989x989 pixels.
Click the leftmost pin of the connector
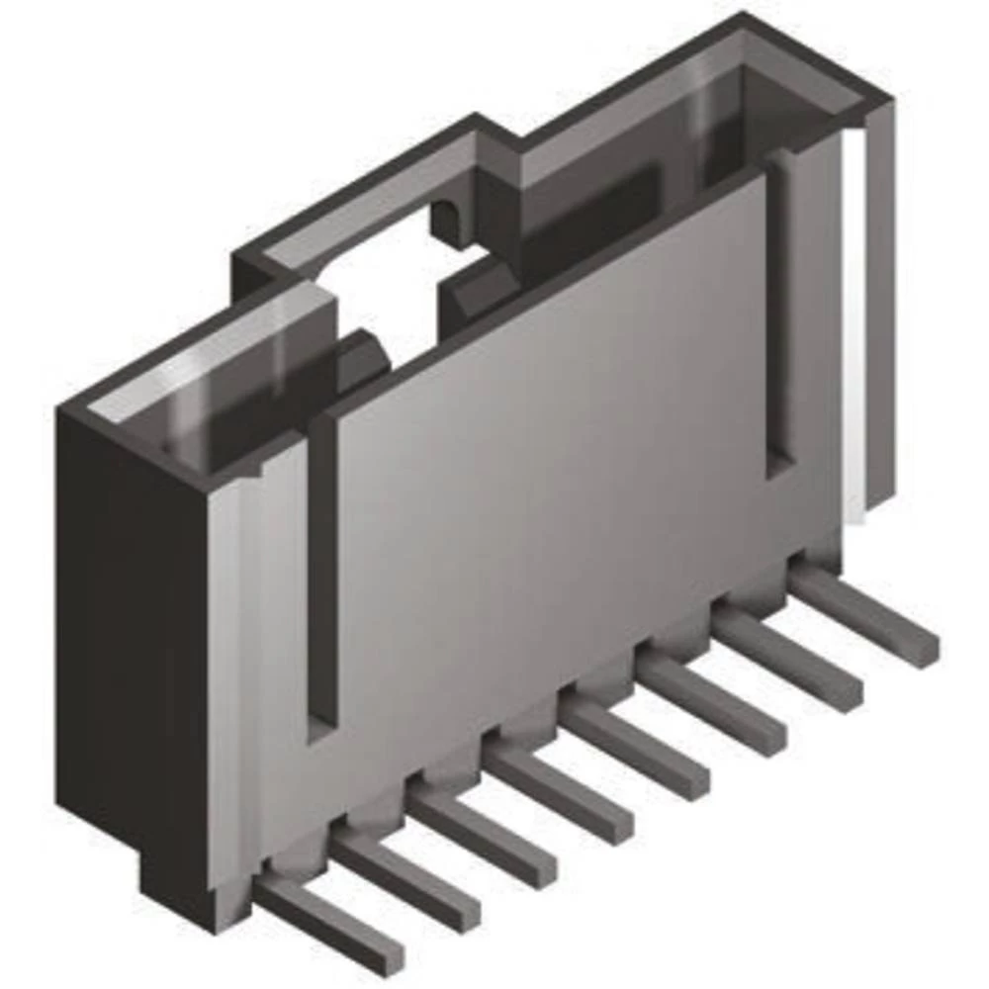coord(331,925)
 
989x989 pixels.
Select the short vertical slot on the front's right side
coord(779,316)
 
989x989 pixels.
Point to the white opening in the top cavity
coord(396,287)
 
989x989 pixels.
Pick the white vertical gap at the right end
coord(854,326)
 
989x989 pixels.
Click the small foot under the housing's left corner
coord(178,880)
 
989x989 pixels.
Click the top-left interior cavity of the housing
coord(227,396)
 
